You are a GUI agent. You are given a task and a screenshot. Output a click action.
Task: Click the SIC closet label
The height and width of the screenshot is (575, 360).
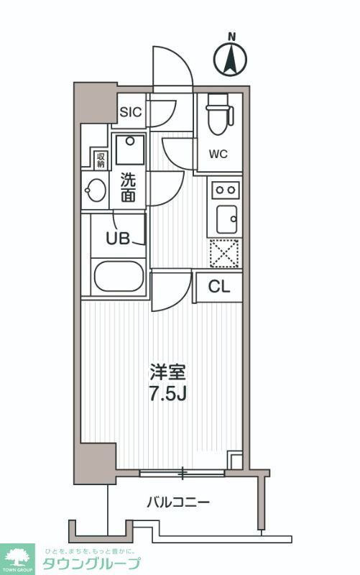[x=131, y=111]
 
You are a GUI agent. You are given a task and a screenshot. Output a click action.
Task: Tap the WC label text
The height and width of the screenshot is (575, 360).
[x=219, y=153]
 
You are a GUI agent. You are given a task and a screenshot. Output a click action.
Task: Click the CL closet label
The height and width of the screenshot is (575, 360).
[x=219, y=286]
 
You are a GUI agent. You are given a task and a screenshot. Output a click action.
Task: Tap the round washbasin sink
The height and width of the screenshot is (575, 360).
[x=95, y=191]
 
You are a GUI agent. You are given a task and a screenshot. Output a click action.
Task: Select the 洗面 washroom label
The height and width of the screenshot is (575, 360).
[x=128, y=187]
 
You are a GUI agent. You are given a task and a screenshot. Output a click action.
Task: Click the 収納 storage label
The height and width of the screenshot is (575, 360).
[x=100, y=158]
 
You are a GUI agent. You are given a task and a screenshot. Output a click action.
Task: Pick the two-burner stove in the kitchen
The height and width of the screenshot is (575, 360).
[x=226, y=190]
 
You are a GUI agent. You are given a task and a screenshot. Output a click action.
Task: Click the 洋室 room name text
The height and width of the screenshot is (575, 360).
[x=168, y=372]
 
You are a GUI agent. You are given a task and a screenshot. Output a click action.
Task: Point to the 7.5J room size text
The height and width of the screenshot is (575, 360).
[x=168, y=394]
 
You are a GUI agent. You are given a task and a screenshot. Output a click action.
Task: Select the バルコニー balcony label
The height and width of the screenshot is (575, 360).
[x=178, y=502]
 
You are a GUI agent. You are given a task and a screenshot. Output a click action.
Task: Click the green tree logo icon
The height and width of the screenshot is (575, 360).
[x=19, y=555]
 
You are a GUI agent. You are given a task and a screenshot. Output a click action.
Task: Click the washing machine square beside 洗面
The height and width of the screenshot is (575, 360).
[x=130, y=150]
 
